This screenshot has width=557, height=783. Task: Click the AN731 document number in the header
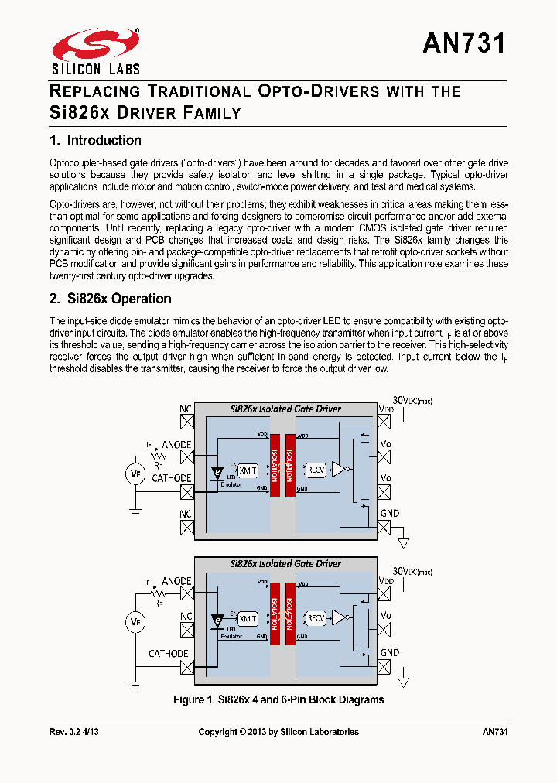(x=464, y=43)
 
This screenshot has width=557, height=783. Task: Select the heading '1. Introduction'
(x=95, y=141)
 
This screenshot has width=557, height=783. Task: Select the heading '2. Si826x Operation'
(x=110, y=299)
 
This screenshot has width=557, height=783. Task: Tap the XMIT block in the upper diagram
(x=248, y=470)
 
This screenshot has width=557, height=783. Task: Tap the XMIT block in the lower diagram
(x=248, y=618)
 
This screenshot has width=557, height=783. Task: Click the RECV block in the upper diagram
(x=316, y=470)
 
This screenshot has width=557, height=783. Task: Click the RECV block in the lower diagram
(x=316, y=617)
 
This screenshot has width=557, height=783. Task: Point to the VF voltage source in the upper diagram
(x=136, y=474)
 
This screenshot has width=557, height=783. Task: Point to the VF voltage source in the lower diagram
(x=136, y=621)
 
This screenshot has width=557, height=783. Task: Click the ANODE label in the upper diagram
(x=176, y=445)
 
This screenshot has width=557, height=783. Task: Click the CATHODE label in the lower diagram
(x=169, y=654)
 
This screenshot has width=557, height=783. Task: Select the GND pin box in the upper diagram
(x=384, y=528)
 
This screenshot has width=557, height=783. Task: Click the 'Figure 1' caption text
(x=278, y=699)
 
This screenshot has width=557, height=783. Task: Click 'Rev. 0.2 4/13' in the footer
(x=74, y=732)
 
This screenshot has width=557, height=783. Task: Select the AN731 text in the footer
(x=494, y=732)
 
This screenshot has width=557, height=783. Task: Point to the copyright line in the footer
(x=278, y=732)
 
